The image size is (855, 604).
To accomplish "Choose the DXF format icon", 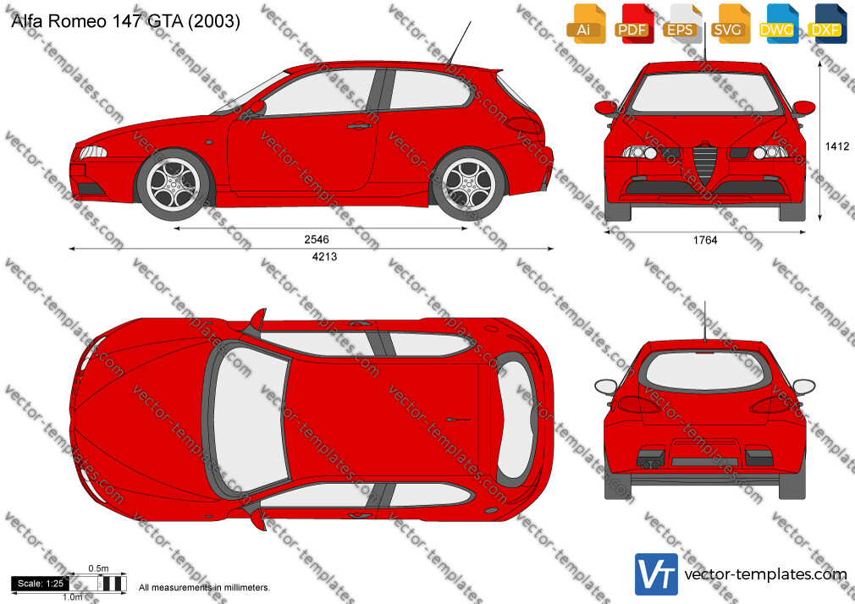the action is click(x=825, y=25).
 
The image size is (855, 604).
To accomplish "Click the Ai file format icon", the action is click(x=584, y=25).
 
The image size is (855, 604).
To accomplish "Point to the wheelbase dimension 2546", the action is click(x=317, y=239).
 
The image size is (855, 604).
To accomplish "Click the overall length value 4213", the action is click(x=324, y=257).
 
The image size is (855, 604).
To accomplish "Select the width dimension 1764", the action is click(x=705, y=240).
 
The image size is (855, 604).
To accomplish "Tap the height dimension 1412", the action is click(x=837, y=146).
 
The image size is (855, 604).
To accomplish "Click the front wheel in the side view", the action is click(x=174, y=184).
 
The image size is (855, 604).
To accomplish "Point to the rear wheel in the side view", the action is click(x=469, y=184).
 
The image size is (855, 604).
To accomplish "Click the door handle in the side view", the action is click(x=360, y=127).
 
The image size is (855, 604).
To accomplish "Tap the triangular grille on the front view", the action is click(x=704, y=162).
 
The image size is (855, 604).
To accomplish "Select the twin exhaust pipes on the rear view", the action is click(x=649, y=464).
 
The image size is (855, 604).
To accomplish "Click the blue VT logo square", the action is click(x=657, y=574).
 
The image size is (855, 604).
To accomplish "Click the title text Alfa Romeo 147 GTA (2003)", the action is click(x=125, y=21).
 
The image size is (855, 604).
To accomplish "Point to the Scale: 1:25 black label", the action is click(x=41, y=584).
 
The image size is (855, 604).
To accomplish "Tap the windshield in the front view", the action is click(x=704, y=93).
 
